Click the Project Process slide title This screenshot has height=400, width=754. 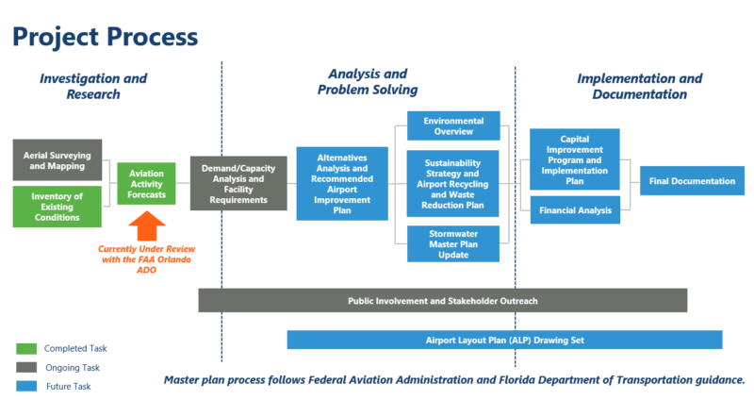[x=105, y=37]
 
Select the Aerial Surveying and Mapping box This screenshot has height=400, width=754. [x=57, y=159]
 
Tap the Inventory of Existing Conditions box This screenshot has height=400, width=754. [x=57, y=207]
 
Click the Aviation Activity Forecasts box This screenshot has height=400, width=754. [x=146, y=183]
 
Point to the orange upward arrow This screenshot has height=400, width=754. [x=146, y=226]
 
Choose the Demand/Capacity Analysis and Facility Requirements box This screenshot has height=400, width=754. [x=238, y=183]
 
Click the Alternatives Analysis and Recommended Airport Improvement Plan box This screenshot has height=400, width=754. [x=342, y=183]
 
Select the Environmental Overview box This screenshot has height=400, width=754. [x=453, y=126]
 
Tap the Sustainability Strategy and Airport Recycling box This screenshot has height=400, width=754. [x=453, y=183]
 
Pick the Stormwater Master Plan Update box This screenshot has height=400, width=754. [x=453, y=243]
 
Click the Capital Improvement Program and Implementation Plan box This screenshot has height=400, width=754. [x=574, y=158]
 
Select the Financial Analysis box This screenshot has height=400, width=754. [x=574, y=209]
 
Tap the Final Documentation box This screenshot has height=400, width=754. [x=691, y=180]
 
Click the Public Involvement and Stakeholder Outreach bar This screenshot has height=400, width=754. [x=442, y=300]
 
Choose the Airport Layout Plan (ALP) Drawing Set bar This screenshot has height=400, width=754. [x=504, y=340]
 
